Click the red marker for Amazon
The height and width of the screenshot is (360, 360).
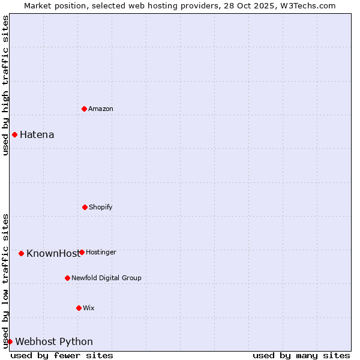[x=84, y=109]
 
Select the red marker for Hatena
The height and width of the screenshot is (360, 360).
[x=14, y=134]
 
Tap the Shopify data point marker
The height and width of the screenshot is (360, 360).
[x=85, y=207]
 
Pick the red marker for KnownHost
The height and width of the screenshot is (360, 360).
[x=21, y=253]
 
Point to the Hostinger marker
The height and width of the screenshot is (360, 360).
[x=82, y=252]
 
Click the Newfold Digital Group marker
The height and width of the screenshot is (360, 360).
[x=67, y=278]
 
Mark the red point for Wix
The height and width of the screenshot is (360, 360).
[x=79, y=308]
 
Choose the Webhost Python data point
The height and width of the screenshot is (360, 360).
[x=10, y=341]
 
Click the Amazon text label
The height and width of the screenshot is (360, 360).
[x=101, y=109]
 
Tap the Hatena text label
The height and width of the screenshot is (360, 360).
[x=37, y=134]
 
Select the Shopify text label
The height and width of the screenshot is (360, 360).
[x=101, y=207]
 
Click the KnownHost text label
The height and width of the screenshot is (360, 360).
[x=52, y=253]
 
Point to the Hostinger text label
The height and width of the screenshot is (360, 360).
[x=101, y=252]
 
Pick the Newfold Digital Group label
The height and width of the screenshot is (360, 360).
[x=106, y=278]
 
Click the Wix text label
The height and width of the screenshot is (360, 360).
[x=89, y=308]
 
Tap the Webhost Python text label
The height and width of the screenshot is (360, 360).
[x=54, y=341]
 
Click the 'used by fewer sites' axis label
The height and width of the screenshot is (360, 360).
[x=62, y=355]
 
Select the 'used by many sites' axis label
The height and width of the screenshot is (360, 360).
[x=301, y=355]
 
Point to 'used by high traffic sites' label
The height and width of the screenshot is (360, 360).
[x=5, y=85]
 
